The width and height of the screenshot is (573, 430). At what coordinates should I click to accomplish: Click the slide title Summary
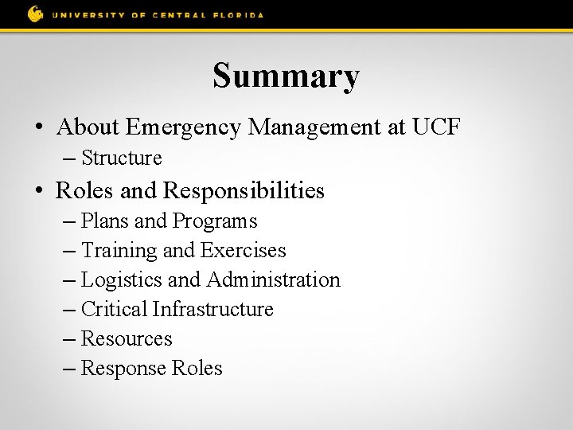point(286,76)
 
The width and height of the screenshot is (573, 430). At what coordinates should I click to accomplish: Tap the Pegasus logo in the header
point(35,14)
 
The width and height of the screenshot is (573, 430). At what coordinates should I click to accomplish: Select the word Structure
point(122,158)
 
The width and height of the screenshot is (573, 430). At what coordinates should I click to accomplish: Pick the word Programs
point(215,221)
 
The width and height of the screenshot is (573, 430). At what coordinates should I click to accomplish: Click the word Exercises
point(243,250)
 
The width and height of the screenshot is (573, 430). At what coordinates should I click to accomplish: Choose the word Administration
point(273,279)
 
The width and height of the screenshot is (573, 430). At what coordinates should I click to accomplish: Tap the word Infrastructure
point(212,309)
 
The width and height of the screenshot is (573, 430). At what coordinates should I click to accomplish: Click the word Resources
point(127,338)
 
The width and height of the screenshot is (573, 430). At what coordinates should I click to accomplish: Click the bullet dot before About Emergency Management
point(38,127)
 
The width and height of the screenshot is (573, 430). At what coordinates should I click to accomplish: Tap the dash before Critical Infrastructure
point(72,309)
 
